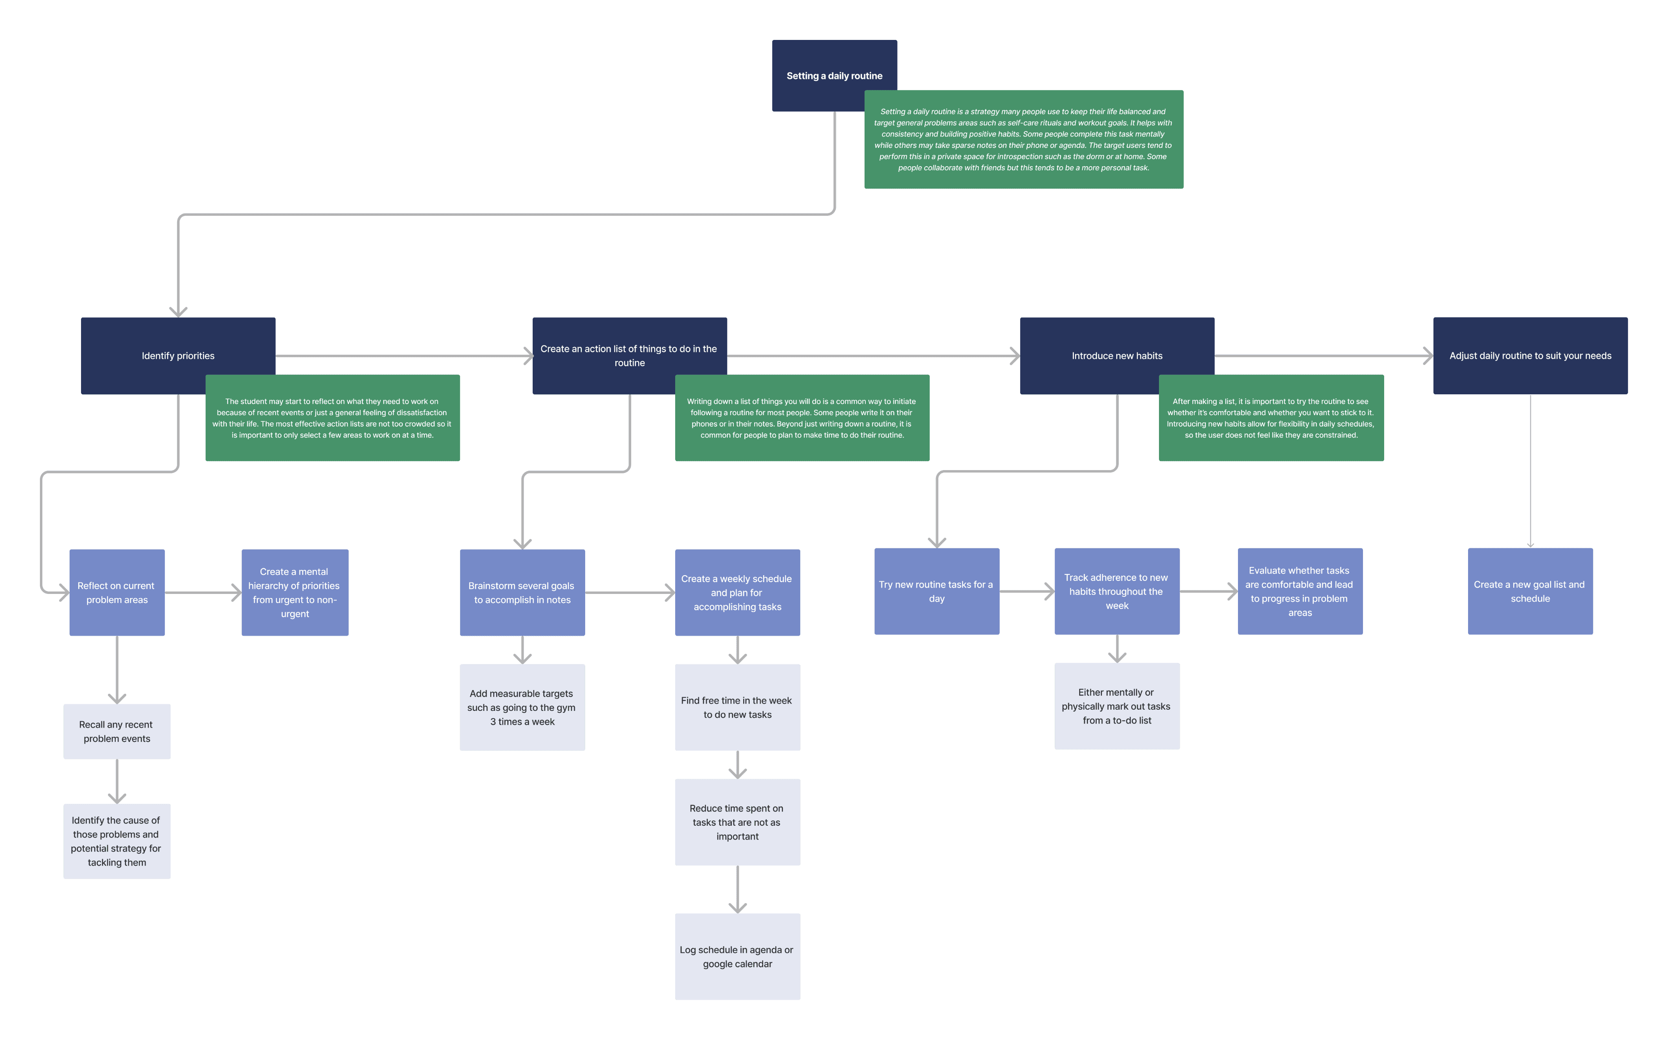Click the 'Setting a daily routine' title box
[x=818, y=65]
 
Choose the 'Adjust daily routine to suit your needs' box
[x=1530, y=356]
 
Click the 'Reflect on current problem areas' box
[x=117, y=592]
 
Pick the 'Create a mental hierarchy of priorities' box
[x=295, y=592]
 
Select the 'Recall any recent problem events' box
[x=117, y=731]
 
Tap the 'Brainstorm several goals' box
[x=522, y=592]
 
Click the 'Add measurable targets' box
[x=522, y=707]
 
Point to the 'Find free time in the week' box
[x=738, y=707]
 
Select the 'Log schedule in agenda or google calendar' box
[x=738, y=956]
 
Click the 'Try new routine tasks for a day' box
[x=937, y=591]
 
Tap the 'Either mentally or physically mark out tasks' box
[x=1117, y=706]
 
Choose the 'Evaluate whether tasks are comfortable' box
[x=1300, y=591]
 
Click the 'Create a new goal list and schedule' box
[x=1530, y=591]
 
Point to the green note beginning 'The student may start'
[x=333, y=418]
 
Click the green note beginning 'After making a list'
[x=1271, y=418]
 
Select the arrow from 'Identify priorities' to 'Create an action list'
[x=404, y=356]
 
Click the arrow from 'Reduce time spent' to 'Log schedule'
[x=738, y=889]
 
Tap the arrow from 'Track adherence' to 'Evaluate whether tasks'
[x=1209, y=591]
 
